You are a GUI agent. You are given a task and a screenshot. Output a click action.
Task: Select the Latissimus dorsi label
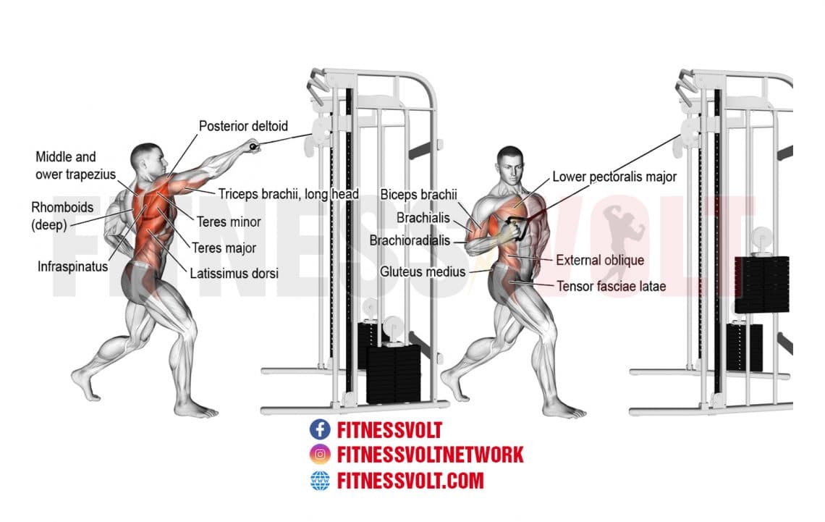point(234,274)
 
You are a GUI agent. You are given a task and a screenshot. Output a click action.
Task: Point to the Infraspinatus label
point(72,266)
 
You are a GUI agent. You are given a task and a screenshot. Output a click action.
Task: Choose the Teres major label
point(224,248)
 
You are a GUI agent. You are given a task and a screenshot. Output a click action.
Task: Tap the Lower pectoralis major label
point(614,176)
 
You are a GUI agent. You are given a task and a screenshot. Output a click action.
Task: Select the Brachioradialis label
point(410,240)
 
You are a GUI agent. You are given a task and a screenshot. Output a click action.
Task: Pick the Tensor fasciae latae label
point(611,286)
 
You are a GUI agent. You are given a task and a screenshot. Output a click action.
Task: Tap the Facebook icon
point(319,429)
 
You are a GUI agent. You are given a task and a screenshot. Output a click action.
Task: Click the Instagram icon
point(319,455)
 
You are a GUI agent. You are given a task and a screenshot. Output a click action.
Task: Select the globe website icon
point(319,480)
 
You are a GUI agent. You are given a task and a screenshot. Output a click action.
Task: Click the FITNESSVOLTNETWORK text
point(430,455)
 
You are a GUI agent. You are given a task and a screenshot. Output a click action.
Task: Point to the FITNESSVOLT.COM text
point(410,480)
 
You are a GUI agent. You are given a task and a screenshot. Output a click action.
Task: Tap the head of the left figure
point(145,158)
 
